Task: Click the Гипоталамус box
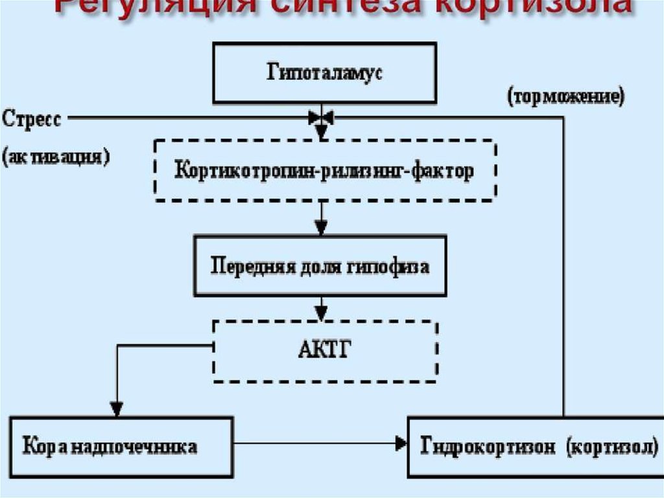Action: [x=324, y=73]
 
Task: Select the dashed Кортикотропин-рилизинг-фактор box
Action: [x=324, y=169]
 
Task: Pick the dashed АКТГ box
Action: [x=324, y=351]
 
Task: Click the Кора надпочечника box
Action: [x=121, y=447]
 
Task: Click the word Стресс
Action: [x=32, y=119]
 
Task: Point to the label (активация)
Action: [x=56, y=158]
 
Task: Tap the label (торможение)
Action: [x=565, y=97]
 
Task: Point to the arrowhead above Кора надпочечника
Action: [x=116, y=410]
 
